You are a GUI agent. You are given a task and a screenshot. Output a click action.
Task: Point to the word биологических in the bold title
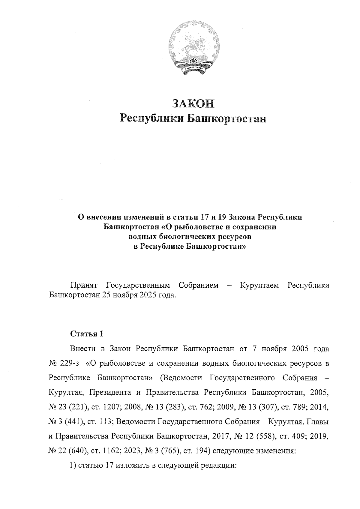187,237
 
